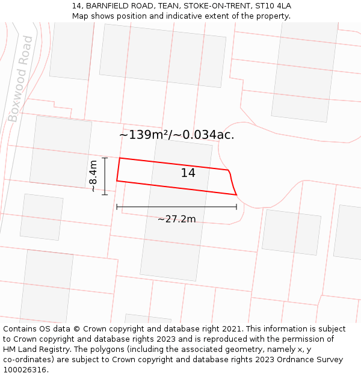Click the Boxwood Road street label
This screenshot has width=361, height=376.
click(20, 78)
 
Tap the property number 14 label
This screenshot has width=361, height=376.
click(188, 173)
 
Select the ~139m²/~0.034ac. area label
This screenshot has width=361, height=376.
click(176, 135)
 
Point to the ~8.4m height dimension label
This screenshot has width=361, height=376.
click(93, 176)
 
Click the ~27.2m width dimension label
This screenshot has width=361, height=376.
click(176, 219)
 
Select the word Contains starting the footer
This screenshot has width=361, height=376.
click(20, 329)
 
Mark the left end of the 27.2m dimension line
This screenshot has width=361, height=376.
click(117, 207)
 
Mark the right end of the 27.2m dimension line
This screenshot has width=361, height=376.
click(236, 207)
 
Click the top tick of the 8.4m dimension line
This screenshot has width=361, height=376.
click(105, 158)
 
